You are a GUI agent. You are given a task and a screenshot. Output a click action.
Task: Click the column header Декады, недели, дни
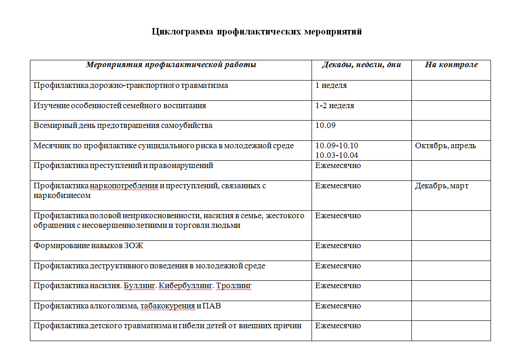pyautogui.click(x=361, y=65)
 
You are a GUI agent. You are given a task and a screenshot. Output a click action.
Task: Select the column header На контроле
pyautogui.click(x=451, y=65)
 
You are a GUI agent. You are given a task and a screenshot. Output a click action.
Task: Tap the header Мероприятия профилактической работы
pyautogui.click(x=171, y=65)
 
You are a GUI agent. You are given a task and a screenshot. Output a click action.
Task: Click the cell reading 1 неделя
pyautogui.click(x=331, y=86)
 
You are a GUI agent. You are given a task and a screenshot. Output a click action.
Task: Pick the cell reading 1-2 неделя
pyautogui.click(x=335, y=106)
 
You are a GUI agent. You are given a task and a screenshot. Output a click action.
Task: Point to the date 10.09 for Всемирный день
pyautogui.click(x=325, y=126)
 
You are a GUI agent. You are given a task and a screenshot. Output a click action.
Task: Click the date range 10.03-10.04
pyautogui.click(x=336, y=156)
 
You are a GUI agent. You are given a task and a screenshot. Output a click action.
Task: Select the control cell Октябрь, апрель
pyautogui.click(x=445, y=146)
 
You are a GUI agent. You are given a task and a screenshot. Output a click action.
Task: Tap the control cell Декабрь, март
pyautogui.click(x=441, y=186)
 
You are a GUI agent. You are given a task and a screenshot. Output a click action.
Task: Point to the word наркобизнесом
pyautogui.click(x=62, y=195)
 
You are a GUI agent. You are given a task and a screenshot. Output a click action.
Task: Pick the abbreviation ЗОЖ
pyautogui.click(x=134, y=246)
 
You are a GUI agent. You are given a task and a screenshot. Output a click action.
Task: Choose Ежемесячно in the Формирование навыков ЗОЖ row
pyautogui.click(x=338, y=246)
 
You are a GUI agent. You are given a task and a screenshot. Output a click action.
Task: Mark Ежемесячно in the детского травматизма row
pyautogui.click(x=338, y=326)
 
